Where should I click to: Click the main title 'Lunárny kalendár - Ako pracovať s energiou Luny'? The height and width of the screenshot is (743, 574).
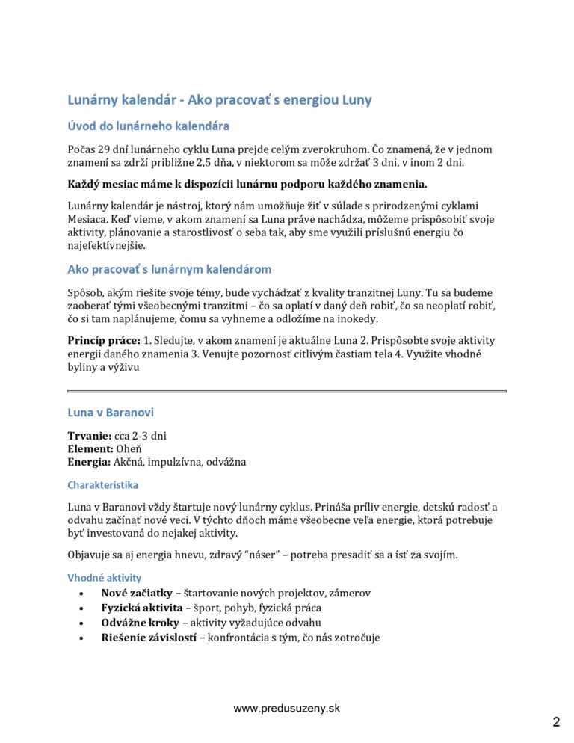(220, 99)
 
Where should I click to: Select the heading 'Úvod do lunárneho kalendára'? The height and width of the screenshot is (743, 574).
(148, 126)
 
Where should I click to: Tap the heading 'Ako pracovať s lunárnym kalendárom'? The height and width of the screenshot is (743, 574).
(170, 269)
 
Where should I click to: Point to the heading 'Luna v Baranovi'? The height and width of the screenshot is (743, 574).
(111, 412)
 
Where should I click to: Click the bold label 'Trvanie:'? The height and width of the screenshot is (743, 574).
(89, 436)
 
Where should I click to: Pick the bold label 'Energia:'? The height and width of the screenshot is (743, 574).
(90, 462)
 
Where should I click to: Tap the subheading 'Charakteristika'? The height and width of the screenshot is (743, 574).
(102, 484)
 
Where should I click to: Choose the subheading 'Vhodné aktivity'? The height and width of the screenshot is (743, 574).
(104, 578)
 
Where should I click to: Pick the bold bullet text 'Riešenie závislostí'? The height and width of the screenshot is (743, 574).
(149, 637)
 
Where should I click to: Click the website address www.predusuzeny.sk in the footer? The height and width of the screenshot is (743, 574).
(286, 708)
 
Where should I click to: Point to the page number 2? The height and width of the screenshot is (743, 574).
(556, 722)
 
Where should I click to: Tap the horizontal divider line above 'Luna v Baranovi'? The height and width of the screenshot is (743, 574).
(286, 391)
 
